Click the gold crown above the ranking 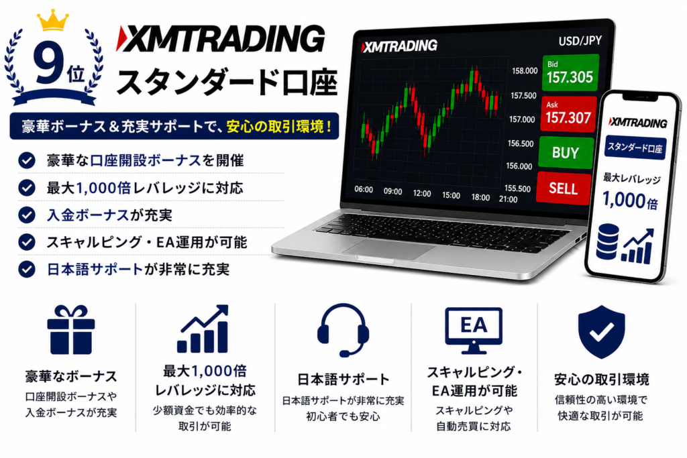coord(52,21)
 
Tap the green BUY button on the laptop coord(566,152)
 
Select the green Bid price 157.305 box coord(570,72)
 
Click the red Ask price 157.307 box coord(568,114)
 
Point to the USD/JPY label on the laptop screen coord(580,41)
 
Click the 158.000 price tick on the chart coord(525,71)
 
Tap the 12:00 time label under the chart coord(422,193)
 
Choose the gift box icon coord(71,330)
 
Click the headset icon coord(343,330)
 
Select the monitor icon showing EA coord(474,331)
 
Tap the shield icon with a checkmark coord(602,332)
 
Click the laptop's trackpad coord(389,248)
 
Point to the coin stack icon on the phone coord(608,241)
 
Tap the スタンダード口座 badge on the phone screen coord(635,148)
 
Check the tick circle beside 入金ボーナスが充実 coord(27,215)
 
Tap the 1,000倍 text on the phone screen coord(630,200)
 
